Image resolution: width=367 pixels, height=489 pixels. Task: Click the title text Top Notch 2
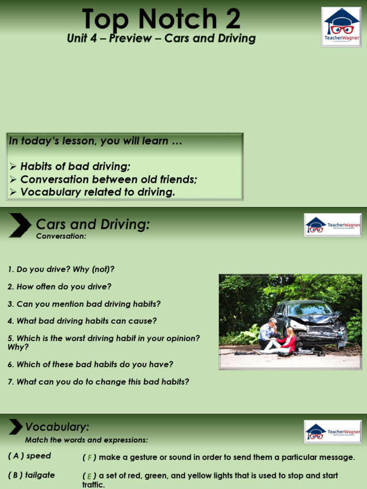point(161,19)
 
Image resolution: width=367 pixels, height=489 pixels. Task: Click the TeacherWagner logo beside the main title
point(341,27)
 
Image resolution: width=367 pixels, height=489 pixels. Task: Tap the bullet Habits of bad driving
point(75,167)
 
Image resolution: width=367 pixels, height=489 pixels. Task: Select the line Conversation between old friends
point(108,180)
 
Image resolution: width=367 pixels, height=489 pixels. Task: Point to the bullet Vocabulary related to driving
point(98,192)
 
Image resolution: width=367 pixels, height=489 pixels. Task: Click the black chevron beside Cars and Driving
point(20,226)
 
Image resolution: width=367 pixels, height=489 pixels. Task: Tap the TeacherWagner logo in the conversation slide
point(332,225)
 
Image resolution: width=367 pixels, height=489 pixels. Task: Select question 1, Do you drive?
point(61,269)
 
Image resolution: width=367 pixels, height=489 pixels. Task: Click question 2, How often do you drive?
point(59,287)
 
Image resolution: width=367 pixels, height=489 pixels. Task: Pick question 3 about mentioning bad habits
point(84,304)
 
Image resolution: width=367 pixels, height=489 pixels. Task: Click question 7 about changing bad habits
point(98,382)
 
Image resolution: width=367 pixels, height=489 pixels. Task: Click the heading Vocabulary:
point(57,426)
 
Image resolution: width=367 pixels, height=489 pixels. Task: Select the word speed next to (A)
point(39,456)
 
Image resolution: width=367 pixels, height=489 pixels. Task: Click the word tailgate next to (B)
point(40,475)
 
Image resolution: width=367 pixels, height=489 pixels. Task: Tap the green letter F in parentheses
point(89,458)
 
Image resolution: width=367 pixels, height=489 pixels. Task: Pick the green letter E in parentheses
point(89,476)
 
